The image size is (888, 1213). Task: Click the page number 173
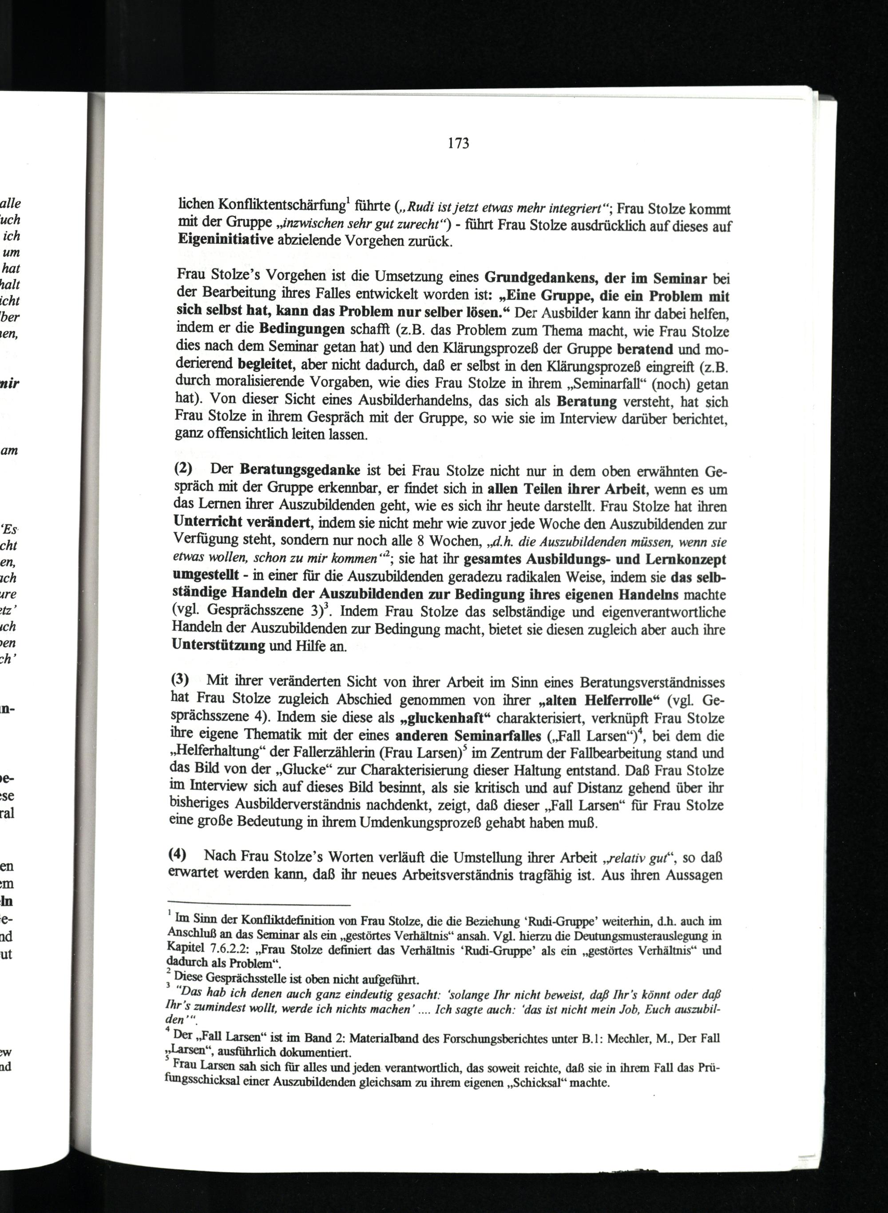(458, 143)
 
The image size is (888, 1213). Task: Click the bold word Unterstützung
(219, 645)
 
